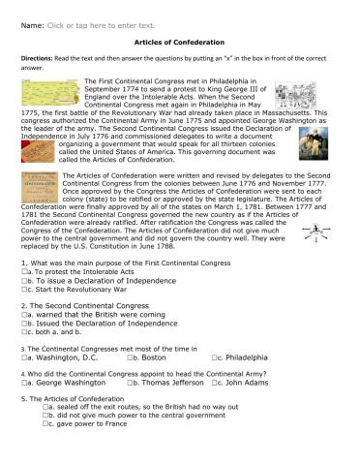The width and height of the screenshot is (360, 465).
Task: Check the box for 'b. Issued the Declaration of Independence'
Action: tap(23, 325)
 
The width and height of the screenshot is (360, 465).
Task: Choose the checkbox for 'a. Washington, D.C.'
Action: tap(23, 358)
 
